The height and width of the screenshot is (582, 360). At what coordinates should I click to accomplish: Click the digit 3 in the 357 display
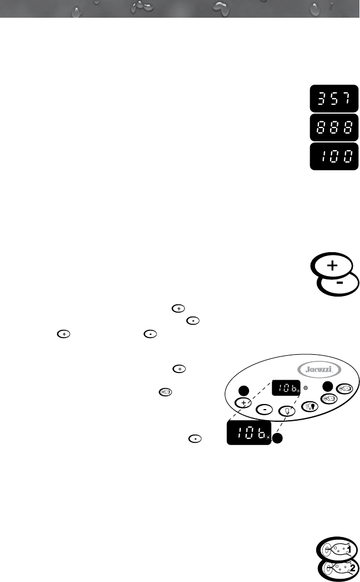[x=320, y=99]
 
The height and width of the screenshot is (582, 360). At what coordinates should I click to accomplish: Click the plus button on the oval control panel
[x=242, y=402]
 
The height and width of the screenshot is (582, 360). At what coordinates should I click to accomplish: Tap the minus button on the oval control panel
[x=265, y=410]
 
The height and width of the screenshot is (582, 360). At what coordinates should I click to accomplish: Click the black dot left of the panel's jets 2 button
[x=328, y=386]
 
